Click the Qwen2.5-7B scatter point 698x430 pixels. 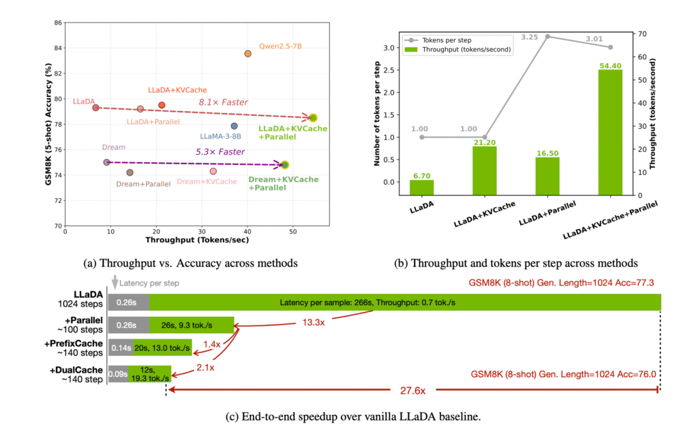[247, 53]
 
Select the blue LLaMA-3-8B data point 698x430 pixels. [234, 126]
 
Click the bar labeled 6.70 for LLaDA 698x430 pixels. [421, 187]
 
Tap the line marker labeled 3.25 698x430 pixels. [547, 37]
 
